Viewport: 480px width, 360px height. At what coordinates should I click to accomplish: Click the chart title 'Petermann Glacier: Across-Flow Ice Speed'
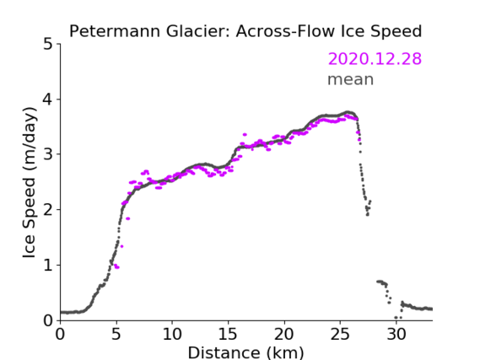coord(245,31)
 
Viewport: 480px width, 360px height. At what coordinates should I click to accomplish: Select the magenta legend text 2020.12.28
coord(375,59)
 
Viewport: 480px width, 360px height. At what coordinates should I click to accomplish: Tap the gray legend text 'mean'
coord(351,79)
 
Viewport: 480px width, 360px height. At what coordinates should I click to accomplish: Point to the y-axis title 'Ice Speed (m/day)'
coord(29,183)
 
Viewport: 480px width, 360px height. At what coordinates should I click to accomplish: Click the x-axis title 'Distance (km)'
coord(245,352)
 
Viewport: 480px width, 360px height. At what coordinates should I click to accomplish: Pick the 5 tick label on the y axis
coord(48,45)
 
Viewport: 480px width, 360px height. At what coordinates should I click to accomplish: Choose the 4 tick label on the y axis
coord(48,99)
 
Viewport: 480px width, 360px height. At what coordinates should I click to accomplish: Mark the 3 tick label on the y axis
coord(48,154)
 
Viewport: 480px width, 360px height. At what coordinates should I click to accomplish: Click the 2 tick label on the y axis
coord(48,210)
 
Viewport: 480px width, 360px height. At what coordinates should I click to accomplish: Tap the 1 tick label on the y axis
coord(48,266)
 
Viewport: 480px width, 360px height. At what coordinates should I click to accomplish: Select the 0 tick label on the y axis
coord(48,320)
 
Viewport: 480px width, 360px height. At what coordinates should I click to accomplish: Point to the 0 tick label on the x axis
coord(60,334)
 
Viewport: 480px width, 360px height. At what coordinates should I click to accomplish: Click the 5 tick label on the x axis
coord(116,334)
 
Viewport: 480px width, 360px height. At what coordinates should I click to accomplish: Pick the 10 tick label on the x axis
coord(172,334)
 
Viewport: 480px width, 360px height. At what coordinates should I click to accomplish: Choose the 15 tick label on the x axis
coord(228,334)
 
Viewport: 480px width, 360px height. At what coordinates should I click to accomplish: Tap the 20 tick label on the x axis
coord(284,334)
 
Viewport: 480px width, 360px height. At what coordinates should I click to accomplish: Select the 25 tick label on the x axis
coord(340,334)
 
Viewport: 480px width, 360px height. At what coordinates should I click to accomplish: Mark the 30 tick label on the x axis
coord(396,334)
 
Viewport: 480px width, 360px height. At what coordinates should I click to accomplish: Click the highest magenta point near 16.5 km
coord(245,135)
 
